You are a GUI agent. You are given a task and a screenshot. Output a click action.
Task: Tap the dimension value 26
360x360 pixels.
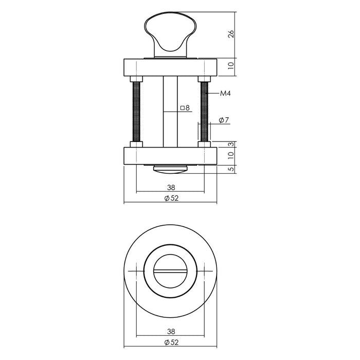tap(231, 34)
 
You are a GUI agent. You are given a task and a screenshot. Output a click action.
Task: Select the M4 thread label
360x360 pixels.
tap(225, 94)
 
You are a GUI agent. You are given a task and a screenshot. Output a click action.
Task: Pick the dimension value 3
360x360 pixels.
tap(231, 144)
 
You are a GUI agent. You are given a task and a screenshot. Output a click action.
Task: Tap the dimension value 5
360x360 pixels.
tap(231, 169)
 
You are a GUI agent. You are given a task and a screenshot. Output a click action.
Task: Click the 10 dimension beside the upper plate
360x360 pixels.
tap(231, 66)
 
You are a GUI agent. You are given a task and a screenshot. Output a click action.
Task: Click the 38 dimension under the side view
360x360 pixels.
tap(170, 188)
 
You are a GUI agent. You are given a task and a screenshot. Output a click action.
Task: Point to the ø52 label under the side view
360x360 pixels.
tap(170, 199)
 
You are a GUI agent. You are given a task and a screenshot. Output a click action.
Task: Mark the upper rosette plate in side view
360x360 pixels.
tap(170, 67)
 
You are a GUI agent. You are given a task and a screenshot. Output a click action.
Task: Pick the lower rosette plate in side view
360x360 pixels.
tap(170, 156)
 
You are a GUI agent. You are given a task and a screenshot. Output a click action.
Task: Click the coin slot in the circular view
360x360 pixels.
tap(170, 271)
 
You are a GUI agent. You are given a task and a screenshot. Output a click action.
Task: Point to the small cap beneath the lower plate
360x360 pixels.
tap(170, 168)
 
